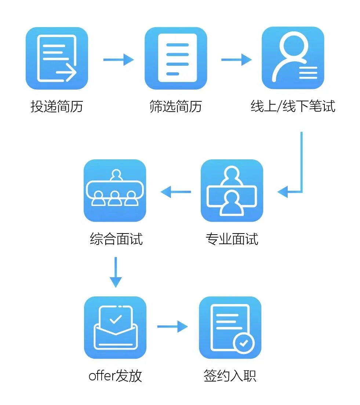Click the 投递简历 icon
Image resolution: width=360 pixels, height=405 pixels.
(x=57, y=58)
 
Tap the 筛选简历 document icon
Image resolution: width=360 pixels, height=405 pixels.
(x=176, y=58)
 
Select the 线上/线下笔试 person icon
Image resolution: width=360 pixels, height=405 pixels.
(x=292, y=58)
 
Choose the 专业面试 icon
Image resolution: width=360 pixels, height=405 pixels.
(x=232, y=191)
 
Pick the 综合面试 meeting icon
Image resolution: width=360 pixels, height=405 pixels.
(x=115, y=191)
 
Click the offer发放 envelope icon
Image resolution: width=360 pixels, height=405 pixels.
(x=115, y=328)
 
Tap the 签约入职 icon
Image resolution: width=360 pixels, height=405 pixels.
(x=230, y=328)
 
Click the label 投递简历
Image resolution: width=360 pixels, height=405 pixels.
(x=57, y=106)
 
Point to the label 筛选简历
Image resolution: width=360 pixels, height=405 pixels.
(x=176, y=106)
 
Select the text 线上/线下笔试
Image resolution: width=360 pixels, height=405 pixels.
(x=293, y=106)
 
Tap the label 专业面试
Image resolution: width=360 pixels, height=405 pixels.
(x=232, y=239)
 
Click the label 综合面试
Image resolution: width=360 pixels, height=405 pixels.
(x=116, y=239)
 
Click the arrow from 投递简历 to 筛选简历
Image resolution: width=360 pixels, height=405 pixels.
(x=118, y=59)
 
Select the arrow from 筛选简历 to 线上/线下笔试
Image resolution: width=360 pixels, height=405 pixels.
(x=236, y=59)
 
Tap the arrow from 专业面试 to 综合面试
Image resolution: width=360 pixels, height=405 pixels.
(x=176, y=191)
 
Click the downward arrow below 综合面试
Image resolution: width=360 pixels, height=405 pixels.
(x=116, y=272)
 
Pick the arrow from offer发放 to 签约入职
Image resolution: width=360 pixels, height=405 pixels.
(x=172, y=326)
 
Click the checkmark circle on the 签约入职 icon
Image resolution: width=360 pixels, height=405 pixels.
(x=243, y=344)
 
